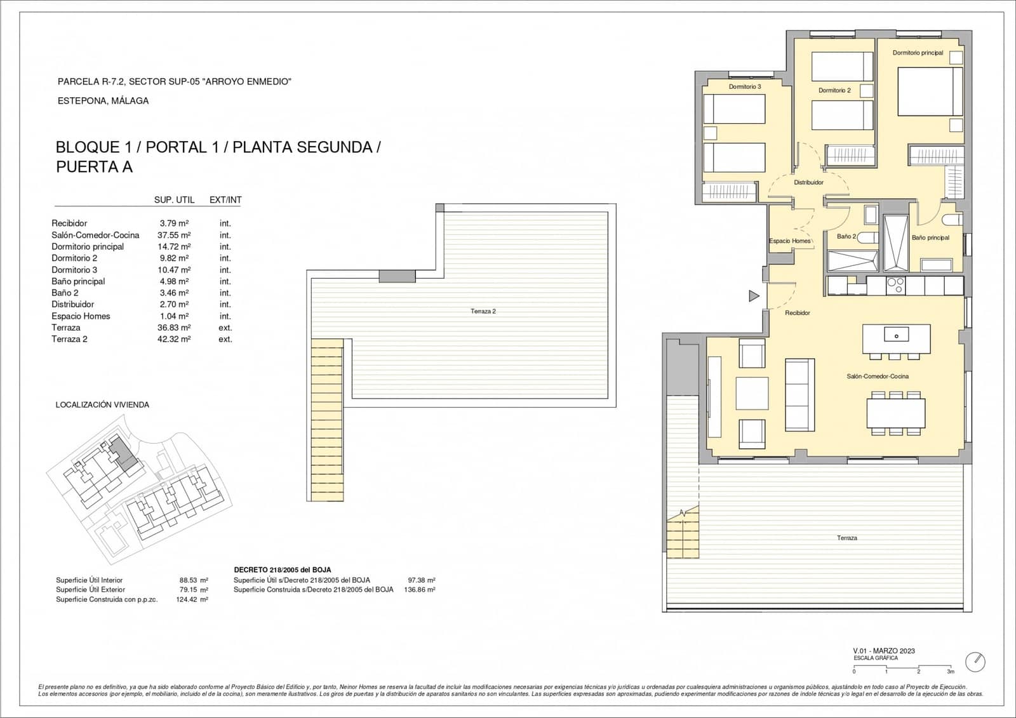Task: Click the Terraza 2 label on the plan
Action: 483,311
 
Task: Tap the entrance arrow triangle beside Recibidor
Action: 754,296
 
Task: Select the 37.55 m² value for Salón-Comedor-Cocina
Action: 174,235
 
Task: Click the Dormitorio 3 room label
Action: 744,86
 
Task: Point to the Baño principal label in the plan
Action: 930,237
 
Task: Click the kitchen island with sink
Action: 896,339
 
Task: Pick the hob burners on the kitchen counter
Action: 895,286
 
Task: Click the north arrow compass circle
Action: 975,661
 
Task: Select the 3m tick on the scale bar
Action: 951,671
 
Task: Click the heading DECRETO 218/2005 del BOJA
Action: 282,570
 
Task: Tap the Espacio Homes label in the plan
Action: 789,241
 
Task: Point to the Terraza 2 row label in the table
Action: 69,339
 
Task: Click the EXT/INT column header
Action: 225,199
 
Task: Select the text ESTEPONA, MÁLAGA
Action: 103,100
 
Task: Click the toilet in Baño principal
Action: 952,220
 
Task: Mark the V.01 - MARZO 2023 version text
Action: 884,651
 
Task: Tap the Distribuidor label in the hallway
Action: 808,182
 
